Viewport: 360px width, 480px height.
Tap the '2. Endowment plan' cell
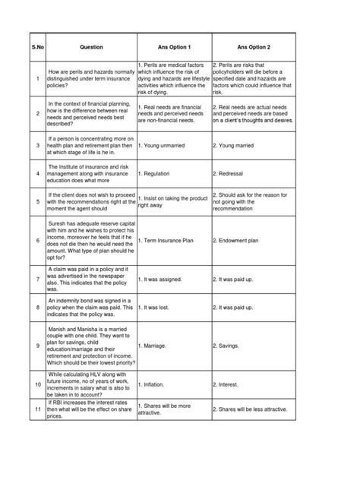pyautogui.click(x=238, y=241)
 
